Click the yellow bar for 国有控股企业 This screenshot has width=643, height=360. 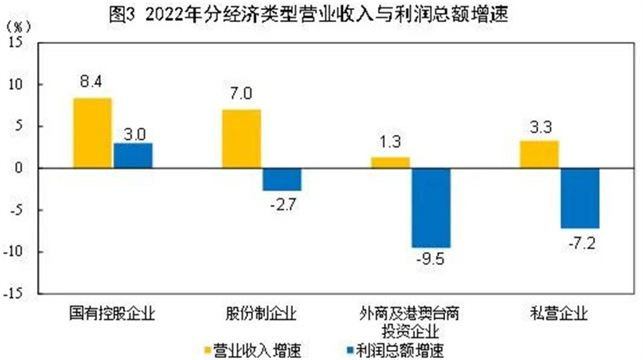click(x=92, y=133)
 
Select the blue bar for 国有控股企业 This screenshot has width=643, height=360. click(x=133, y=156)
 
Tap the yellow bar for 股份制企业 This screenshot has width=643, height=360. click(x=241, y=139)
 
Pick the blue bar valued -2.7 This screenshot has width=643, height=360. click(x=281, y=179)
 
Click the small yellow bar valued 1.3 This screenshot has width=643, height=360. click(x=390, y=163)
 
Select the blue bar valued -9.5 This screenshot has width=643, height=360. click(x=431, y=208)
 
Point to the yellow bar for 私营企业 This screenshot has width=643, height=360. click(x=539, y=154)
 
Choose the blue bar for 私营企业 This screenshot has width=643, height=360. click(x=579, y=199)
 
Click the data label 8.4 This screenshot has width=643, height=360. click(x=91, y=83)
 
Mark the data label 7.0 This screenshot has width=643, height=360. click(x=241, y=94)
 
